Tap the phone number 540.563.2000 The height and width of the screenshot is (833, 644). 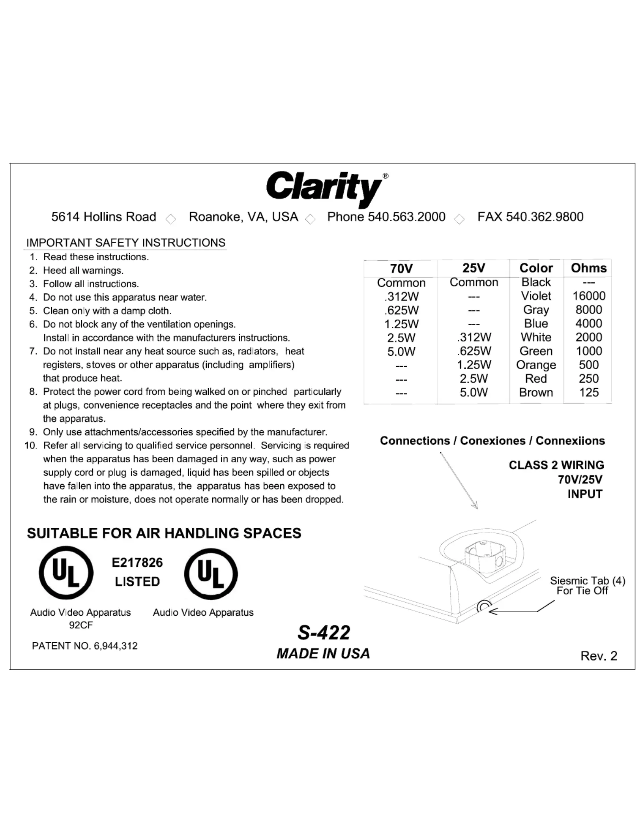(406, 217)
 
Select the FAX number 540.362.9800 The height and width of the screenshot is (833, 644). (545, 217)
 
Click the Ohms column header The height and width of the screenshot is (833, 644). (588, 268)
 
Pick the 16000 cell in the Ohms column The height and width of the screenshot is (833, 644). (589, 296)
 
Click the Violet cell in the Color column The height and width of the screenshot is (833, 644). (536, 296)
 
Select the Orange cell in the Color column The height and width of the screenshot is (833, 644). (536, 365)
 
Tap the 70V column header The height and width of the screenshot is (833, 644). (401, 269)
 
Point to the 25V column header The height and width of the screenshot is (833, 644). (474, 268)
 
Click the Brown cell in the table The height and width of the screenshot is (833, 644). (536, 393)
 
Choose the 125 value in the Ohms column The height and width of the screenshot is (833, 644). (589, 393)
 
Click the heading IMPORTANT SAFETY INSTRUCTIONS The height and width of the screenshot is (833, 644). (126, 243)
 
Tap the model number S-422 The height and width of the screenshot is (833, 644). (324, 633)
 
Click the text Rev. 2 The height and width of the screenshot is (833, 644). (598, 656)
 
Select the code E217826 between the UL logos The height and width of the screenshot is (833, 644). (137, 563)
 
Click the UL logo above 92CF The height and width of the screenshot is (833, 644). (66, 573)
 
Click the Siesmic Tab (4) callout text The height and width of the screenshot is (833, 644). (587, 581)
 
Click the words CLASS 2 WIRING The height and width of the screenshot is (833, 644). (556, 465)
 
